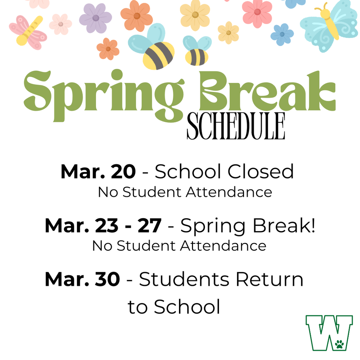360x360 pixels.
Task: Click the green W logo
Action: coord(329,333)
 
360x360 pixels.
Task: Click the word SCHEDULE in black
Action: coord(236,126)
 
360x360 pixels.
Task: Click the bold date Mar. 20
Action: coord(98,172)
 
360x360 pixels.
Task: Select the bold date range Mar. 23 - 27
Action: coord(103,226)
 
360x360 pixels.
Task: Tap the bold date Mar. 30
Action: coord(82,279)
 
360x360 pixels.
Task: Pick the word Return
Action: coord(269,279)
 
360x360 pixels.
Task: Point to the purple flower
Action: coord(95,18)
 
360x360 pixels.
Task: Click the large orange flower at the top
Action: coord(137,15)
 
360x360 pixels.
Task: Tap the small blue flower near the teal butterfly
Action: coord(282,34)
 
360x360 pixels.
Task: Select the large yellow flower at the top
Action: coord(195,14)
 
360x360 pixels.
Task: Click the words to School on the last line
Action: coord(174,307)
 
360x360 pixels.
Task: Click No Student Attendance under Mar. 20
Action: coord(185,192)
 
